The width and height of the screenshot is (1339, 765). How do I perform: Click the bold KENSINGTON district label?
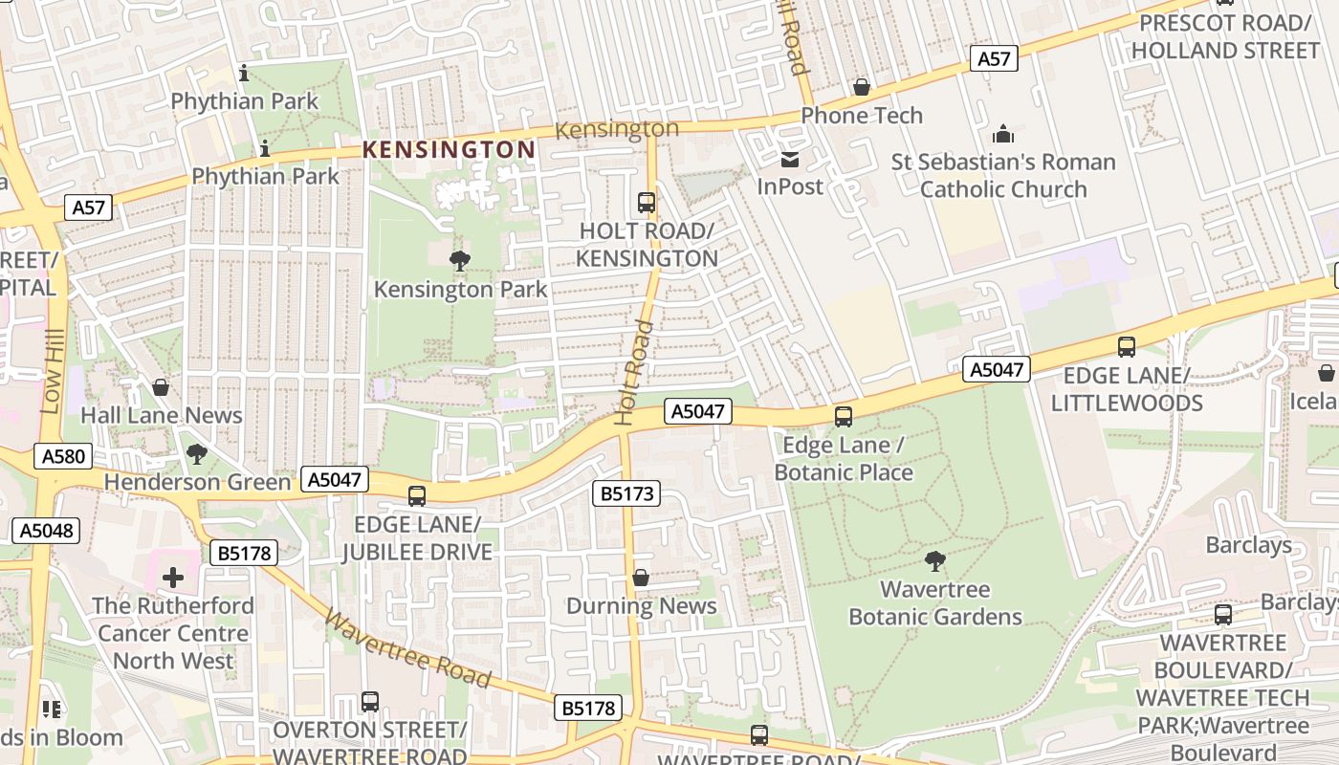[x=449, y=149]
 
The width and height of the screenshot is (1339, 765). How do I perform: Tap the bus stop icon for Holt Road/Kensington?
[x=647, y=203]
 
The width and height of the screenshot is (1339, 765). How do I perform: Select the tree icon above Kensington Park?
[x=460, y=260]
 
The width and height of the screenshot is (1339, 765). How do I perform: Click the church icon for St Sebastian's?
[x=1003, y=134]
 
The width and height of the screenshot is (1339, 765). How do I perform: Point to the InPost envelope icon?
[x=790, y=159]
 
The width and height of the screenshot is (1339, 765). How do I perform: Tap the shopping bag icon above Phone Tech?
[x=862, y=88]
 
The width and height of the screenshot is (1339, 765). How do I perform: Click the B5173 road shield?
[x=626, y=494]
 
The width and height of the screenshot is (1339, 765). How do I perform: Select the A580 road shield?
[x=64, y=456]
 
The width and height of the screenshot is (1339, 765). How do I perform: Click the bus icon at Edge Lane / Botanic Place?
[x=844, y=417]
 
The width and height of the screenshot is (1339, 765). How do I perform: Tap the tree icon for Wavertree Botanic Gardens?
[x=935, y=561]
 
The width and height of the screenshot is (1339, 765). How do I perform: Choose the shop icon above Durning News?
[x=641, y=579]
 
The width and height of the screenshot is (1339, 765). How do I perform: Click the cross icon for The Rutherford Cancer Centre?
[x=173, y=578]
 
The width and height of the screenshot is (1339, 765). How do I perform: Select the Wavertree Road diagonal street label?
[x=408, y=648]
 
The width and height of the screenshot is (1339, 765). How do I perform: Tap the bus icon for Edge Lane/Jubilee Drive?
[x=417, y=496]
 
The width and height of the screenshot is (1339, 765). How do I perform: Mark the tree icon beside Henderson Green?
[x=197, y=454]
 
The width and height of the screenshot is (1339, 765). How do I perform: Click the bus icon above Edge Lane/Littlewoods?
[x=1127, y=347]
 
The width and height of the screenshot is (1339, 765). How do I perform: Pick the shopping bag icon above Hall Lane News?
[x=161, y=387]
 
